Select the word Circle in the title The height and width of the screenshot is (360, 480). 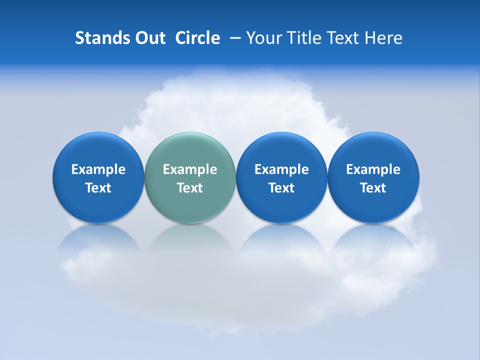[x=197, y=38]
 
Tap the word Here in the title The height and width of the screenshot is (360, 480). [x=384, y=38]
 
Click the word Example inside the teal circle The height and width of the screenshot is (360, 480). [x=190, y=169]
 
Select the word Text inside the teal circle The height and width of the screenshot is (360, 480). [x=190, y=188]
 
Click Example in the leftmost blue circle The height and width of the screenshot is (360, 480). [x=98, y=169]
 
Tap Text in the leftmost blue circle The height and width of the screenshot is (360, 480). [x=98, y=188]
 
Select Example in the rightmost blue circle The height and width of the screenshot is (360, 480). [x=373, y=169]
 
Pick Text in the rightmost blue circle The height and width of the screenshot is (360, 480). [x=373, y=188]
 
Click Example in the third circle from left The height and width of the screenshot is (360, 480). [x=281, y=169]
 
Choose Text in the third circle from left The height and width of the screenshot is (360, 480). [x=281, y=188]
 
